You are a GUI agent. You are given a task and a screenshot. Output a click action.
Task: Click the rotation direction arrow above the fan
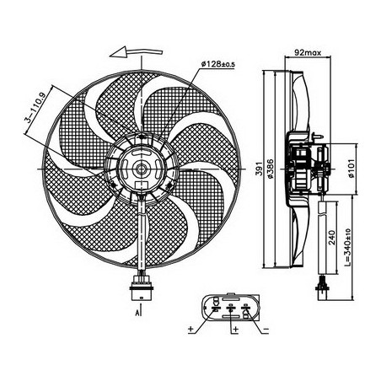[x=137, y=52]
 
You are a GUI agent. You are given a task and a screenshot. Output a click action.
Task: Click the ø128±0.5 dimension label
[x=218, y=64]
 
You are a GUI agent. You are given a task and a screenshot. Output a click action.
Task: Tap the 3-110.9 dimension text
[x=35, y=108]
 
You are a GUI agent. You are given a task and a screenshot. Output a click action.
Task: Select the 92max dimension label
[x=308, y=52]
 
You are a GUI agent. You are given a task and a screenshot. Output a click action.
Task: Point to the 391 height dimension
[x=259, y=169]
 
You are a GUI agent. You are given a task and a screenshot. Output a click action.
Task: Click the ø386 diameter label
[x=270, y=169]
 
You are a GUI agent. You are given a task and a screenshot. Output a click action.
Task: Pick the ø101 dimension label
[x=351, y=169]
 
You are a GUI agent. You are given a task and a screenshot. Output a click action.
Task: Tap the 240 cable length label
[x=332, y=238]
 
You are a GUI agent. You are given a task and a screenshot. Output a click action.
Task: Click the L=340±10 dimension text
[x=347, y=248]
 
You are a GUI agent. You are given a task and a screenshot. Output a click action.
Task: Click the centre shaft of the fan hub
[x=140, y=169]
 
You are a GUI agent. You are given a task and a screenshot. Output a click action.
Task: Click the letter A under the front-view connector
[x=137, y=313]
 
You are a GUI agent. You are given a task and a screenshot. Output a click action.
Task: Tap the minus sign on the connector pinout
[x=266, y=330]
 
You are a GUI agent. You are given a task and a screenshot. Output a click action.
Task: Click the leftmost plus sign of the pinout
[x=191, y=329]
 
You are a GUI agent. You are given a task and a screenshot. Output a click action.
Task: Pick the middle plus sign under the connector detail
[x=236, y=329]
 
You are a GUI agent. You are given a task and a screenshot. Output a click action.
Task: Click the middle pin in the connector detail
[x=231, y=309]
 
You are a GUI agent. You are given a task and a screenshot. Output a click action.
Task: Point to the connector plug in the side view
[x=322, y=287]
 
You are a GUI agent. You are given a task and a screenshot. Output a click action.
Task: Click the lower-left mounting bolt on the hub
[x=114, y=185]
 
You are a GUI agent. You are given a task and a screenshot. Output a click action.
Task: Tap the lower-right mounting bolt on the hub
[x=169, y=185]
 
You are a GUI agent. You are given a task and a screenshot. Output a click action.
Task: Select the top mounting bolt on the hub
[x=142, y=137]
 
